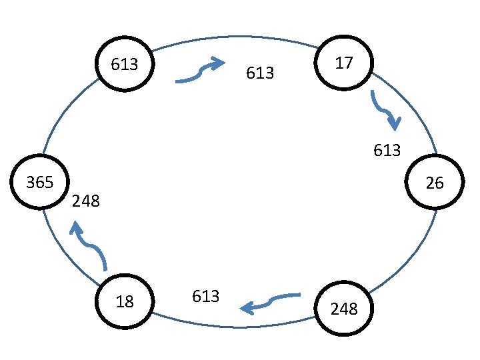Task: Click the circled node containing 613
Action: [125, 65]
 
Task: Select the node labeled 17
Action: [344, 63]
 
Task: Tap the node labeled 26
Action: [434, 183]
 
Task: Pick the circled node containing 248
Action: [344, 309]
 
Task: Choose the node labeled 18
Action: [125, 301]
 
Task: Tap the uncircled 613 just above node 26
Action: [387, 151]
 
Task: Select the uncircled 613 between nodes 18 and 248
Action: [205, 296]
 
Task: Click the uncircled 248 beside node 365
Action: [85, 201]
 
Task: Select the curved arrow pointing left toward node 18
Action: [270, 302]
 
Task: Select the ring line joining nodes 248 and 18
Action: [233, 327]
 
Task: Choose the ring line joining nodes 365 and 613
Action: [63, 110]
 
